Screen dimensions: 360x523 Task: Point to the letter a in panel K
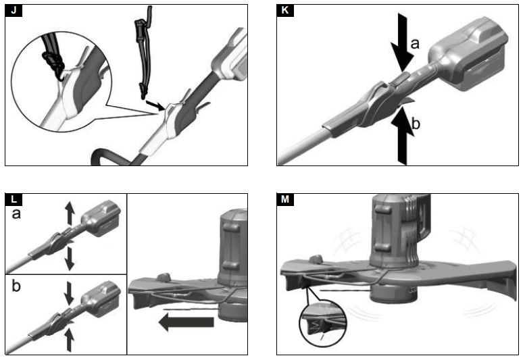pos(416,45)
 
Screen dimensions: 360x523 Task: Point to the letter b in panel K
pos(416,123)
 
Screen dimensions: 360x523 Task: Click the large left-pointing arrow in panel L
pos(185,324)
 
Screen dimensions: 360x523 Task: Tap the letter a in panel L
pos(17,214)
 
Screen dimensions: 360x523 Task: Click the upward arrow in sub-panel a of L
pos(69,213)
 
